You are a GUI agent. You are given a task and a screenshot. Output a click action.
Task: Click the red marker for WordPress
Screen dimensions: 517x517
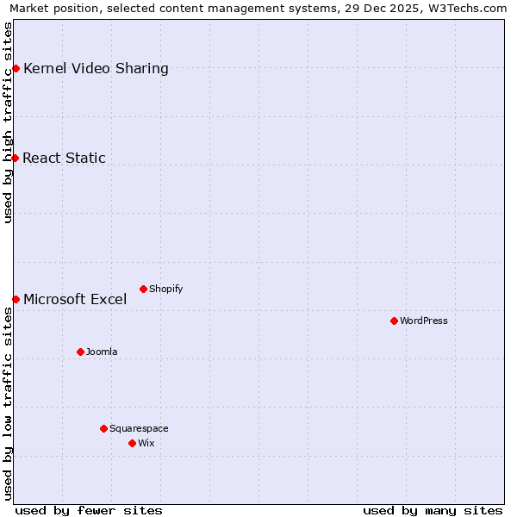coord(394,321)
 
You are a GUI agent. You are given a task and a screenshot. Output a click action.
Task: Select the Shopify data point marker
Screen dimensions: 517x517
coord(143,289)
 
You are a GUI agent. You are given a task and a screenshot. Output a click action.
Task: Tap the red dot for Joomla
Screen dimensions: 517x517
coord(80,352)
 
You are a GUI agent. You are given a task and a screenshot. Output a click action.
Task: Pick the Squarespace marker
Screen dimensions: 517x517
coord(103,428)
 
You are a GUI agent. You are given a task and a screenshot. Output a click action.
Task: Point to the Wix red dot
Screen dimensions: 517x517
coord(132,443)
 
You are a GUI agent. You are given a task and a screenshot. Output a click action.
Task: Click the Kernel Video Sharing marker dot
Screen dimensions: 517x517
coord(16,68)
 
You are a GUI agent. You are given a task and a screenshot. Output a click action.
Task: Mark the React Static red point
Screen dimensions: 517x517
coord(15,158)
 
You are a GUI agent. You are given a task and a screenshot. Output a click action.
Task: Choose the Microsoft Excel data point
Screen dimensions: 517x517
coord(16,299)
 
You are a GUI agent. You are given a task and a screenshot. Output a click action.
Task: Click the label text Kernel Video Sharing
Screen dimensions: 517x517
coord(96,69)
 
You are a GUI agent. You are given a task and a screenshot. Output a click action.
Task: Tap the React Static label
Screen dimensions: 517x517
coord(64,158)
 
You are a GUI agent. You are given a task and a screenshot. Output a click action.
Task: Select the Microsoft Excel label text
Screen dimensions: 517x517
coord(75,300)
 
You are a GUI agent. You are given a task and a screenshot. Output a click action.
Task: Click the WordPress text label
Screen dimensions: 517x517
coord(424,321)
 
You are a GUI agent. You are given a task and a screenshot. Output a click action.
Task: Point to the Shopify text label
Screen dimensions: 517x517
coord(166,290)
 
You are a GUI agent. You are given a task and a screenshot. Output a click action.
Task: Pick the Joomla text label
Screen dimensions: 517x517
coord(102,352)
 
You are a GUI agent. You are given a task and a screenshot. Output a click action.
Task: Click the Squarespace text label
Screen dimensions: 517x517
coord(139,429)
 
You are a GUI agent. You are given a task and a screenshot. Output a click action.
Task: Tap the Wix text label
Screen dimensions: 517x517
coord(146,444)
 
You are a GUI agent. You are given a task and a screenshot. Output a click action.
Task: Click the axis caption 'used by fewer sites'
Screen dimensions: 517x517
coord(89,511)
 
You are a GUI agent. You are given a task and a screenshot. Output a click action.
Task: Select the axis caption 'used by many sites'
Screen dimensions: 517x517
coord(433,511)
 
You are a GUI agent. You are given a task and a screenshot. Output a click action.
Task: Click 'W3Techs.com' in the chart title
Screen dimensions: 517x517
coord(467,9)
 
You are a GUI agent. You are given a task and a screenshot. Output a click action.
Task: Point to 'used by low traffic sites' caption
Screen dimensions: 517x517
coord(9,403)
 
